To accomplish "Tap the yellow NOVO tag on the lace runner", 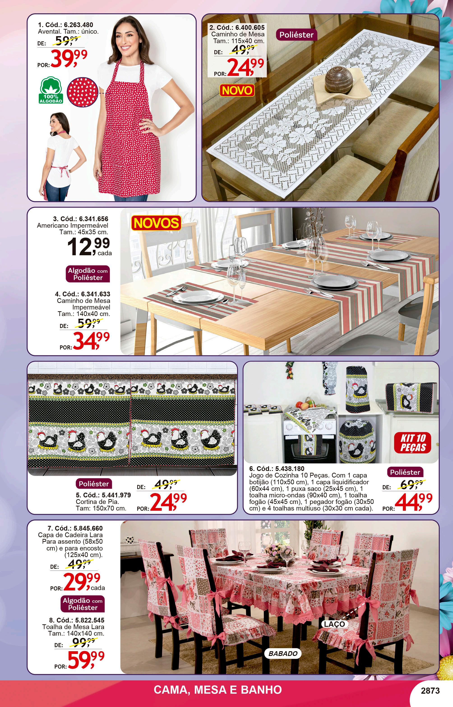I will [237, 90].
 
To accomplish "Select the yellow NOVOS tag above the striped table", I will [156, 223].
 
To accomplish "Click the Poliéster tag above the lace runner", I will [296, 35].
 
